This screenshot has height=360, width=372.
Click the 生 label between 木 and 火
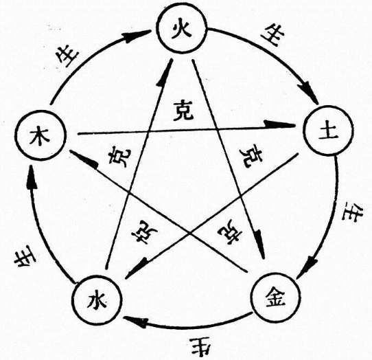[x=67, y=56]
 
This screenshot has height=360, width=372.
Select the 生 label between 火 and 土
[x=273, y=36]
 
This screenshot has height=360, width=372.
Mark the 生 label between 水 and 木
[x=25, y=256]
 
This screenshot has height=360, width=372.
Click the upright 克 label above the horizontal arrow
[x=183, y=111]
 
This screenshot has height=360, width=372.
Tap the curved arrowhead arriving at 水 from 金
[x=135, y=322]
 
